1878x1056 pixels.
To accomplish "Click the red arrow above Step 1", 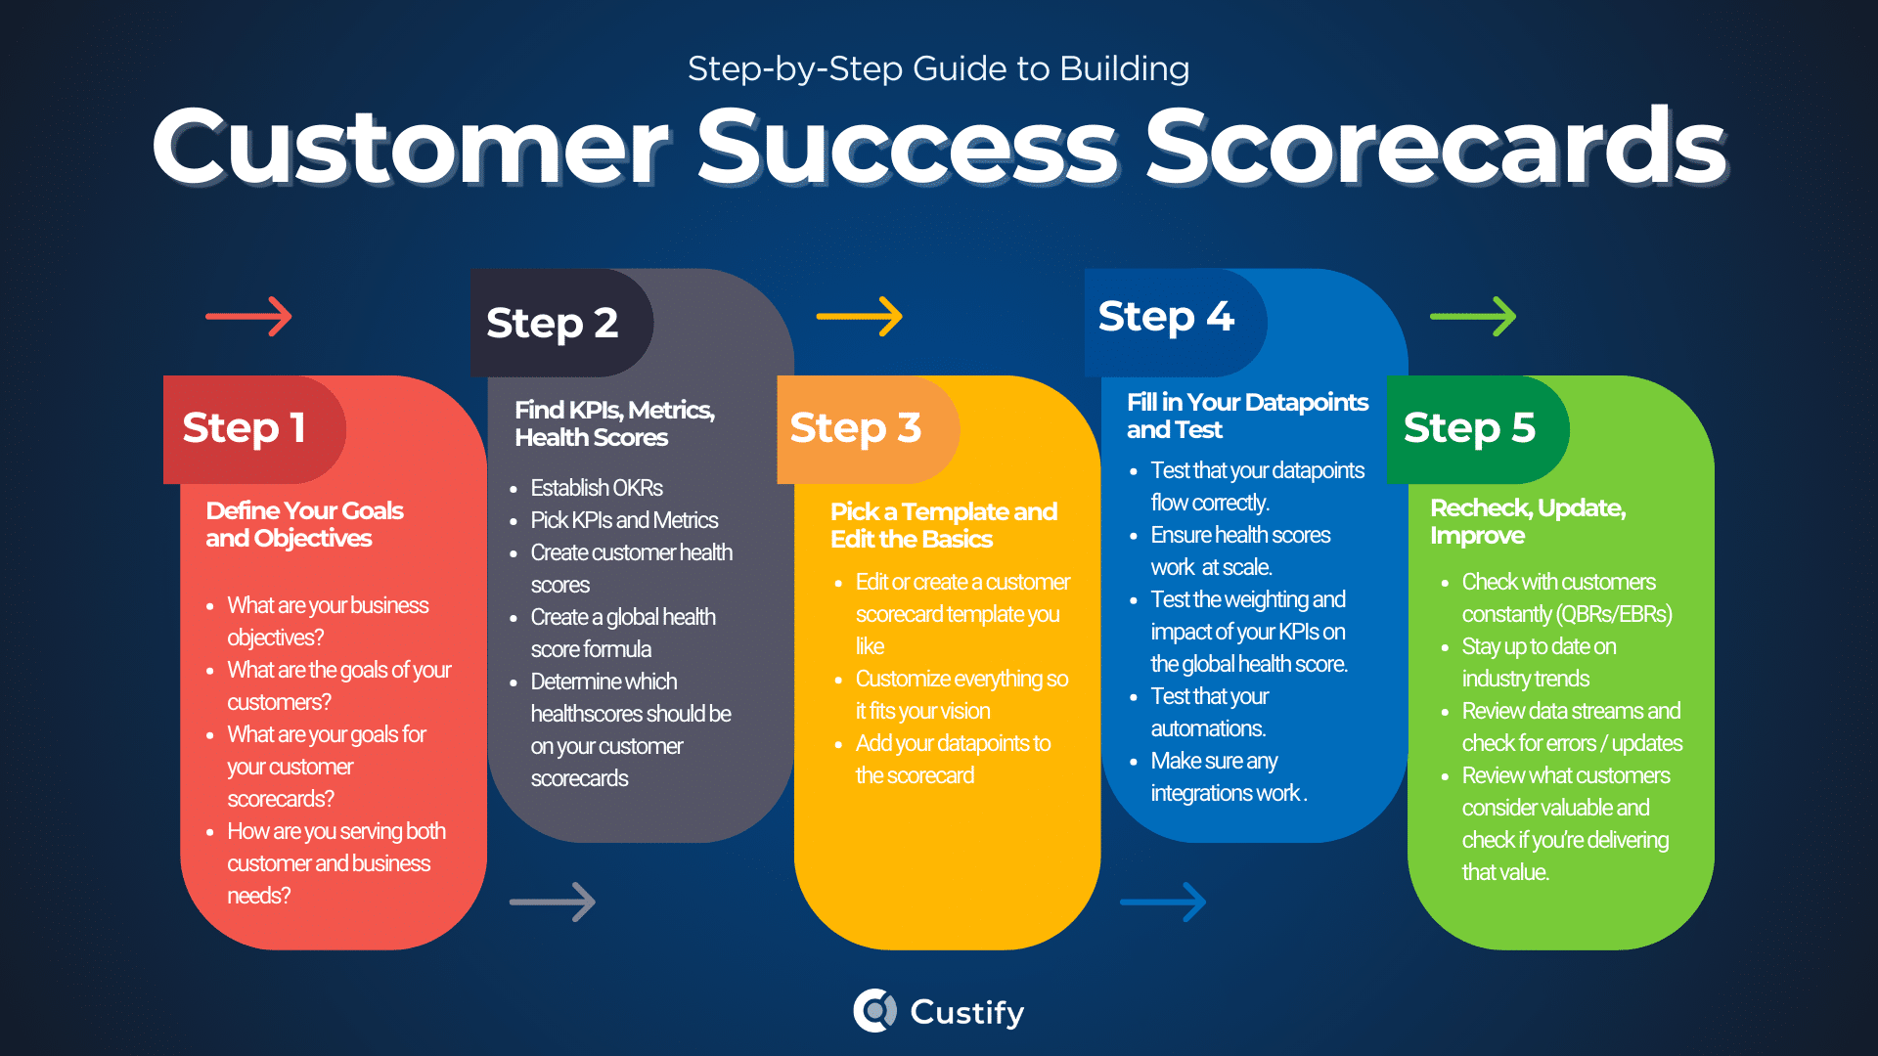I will [248, 317].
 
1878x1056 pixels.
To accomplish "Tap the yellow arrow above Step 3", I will [859, 317].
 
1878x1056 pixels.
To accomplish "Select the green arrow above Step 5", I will [1472, 317].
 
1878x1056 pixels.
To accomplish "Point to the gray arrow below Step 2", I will [553, 902].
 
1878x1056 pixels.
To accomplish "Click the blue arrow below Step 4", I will [1163, 902].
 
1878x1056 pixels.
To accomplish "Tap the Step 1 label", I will [245, 428].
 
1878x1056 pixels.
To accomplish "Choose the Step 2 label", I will [553, 324].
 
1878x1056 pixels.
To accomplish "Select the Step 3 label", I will [856, 428].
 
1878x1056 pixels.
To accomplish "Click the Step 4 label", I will [1166, 317].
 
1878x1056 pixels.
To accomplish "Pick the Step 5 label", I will [1469, 428].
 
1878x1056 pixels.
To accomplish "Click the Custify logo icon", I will [874, 1011].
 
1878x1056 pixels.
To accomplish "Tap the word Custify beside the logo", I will [967, 1012].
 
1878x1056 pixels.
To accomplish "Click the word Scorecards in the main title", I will [1436, 147].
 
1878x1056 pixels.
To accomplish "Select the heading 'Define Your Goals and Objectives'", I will [304, 524].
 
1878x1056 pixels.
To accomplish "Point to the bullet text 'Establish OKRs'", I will [597, 488].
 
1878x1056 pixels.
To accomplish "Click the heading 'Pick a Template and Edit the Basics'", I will [944, 525].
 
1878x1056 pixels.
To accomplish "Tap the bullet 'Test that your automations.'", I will [1209, 712].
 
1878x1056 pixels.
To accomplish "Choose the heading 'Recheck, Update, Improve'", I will [1528, 521].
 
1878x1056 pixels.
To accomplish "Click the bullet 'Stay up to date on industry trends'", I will [1539, 662].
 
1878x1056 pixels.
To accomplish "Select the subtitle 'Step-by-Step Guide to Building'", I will [938, 68].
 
